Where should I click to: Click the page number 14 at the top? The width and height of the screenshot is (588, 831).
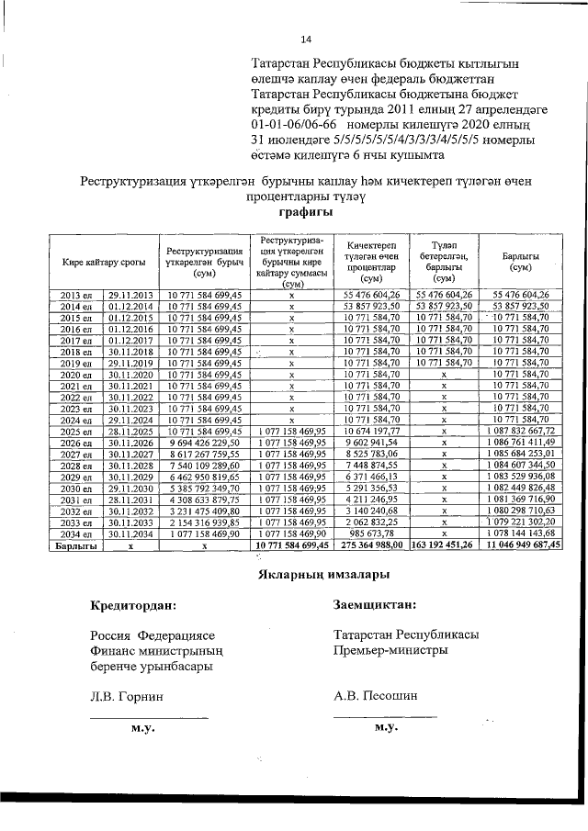click(x=306, y=39)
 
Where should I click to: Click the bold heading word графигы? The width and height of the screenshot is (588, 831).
click(x=293, y=211)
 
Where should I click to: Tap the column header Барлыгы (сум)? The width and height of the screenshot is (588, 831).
click(x=521, y=262)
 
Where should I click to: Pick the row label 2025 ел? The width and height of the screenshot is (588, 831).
click(x=76, y=432)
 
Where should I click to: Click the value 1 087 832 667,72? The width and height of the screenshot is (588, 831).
click(x=521, y=432)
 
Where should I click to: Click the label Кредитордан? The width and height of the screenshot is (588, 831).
click(x=133, y=605)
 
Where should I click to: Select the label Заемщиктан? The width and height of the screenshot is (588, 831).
click(x=375, y=605)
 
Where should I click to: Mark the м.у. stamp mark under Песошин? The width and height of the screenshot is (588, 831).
click(x=385, y=727)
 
